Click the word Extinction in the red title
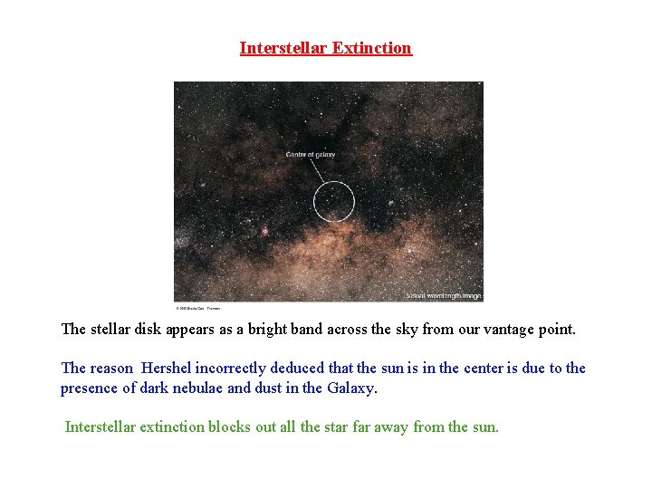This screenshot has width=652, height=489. [x=371, y=48]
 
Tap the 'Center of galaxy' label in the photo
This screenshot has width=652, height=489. [x=311, y=155]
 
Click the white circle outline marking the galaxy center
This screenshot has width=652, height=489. [x=314, y=201]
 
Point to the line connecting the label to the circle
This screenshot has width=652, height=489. [x=319, y=171]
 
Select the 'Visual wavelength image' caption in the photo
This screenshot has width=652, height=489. [x=444, y=295]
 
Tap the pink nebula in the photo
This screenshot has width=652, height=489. [x=265, y=231]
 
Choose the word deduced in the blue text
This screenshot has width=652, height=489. [x=306, y=368]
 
